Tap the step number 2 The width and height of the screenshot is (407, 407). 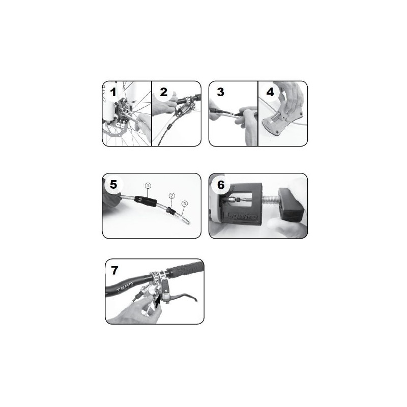pyautogui.click(x=163, y=92)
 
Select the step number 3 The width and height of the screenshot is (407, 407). pyautogui.click(x=220, y=92)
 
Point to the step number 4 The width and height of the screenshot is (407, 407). pyautogui.click(x=270, y=93)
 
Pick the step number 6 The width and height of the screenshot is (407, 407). pyautogui.click(x=221, y=185)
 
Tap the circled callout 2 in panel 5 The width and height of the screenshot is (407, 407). pyautogui.click(x=172, y=196)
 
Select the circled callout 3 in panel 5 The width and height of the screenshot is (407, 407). pyautogui.click(x=185, y=203)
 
